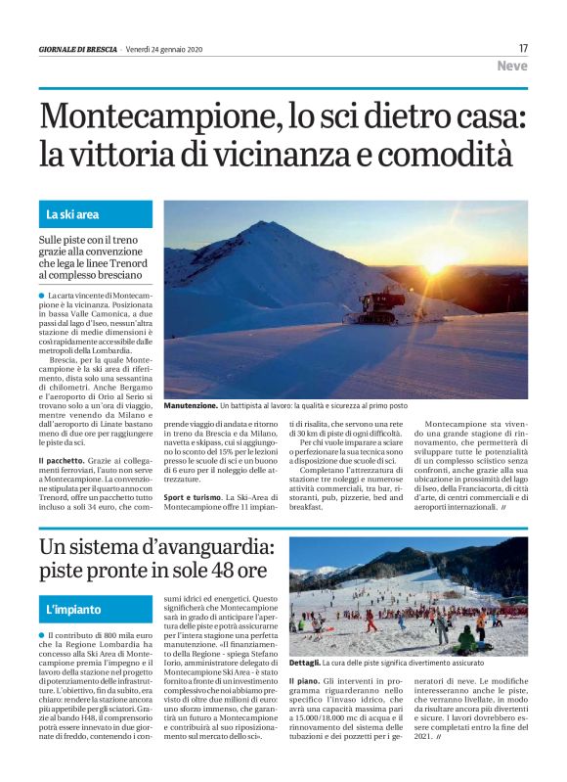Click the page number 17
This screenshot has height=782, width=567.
point(523,48)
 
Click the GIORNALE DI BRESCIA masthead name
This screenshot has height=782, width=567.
point(78,49)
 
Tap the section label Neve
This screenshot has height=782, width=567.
point(511,67)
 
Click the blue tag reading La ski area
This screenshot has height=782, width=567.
point(72,214)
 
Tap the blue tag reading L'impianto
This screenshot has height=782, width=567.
point(73,609)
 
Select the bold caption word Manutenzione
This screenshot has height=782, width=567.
point(190,404)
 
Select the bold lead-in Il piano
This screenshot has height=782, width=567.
point(305,678)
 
